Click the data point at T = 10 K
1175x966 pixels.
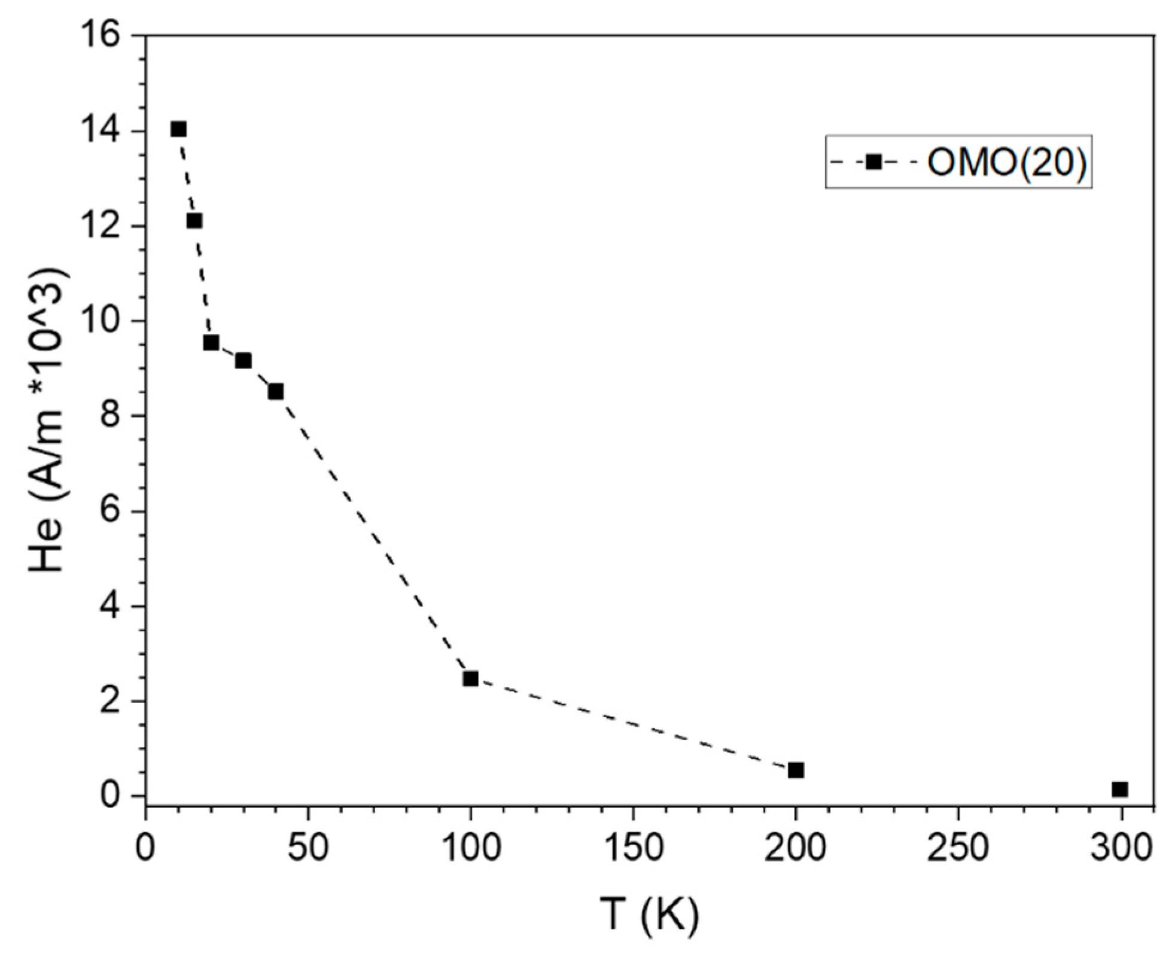tap(178, 129)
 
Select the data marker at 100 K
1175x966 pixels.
tap(471, 679)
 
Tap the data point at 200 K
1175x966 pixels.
tap(796, 770)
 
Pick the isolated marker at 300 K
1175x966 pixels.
tap(1120, 790)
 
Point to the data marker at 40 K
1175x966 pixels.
tap(276, 392)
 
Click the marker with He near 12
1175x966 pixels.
tap(194, 221)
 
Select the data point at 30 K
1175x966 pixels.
tap(243, 361)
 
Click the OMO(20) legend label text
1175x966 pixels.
tap(1006, 162)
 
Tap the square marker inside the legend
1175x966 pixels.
tap(874, 161)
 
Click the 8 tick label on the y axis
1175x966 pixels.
tap(112, 416)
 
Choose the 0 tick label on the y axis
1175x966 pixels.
tap(112, 796)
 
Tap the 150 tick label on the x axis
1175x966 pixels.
tap(634, 848)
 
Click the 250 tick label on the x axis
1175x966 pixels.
tap(958, 848)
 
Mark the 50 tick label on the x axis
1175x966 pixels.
tap(308, 848)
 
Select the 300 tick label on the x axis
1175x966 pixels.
tap(1121, 848)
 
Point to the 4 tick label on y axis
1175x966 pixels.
tap(112, 607)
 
